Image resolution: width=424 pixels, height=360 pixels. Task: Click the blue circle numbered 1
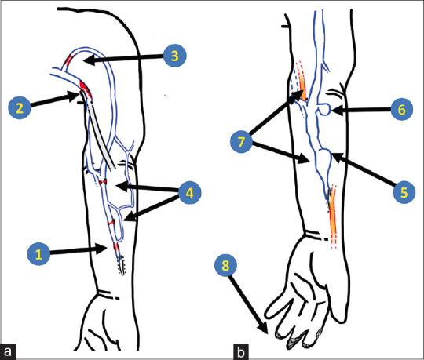(38, 254)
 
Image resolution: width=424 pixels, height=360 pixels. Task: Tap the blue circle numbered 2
(20, 108)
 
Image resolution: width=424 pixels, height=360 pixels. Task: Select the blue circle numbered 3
(174, 56)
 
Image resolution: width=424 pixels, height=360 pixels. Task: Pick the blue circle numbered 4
(189, 193)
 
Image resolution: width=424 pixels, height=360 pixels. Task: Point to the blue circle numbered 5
(404, 192)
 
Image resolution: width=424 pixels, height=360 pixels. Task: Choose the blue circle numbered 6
(401, 109)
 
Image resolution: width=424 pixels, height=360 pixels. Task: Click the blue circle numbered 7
(241, 141)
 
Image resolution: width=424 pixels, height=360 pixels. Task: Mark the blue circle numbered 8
(225, 265)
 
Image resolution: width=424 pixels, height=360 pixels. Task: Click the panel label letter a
(8, 352)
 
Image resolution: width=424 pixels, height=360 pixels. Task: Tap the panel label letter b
(241, 352)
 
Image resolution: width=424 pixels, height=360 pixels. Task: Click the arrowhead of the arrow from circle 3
(89, 60)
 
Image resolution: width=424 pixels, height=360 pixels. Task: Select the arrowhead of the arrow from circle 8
(264, 329)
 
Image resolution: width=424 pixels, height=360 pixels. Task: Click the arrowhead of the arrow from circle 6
(337, 110)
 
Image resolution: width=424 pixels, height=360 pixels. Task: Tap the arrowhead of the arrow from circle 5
(337, 157)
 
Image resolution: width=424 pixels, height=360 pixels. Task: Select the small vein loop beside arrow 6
(324, 109)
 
